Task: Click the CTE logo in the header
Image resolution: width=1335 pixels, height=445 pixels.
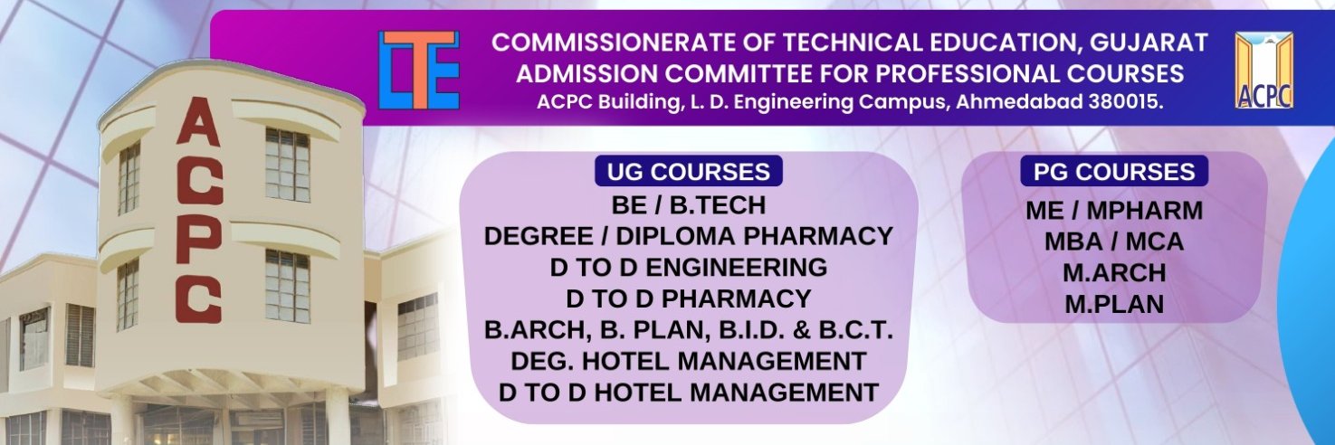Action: coord(419,70)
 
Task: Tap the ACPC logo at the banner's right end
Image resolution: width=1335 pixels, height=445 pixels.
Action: coord(1264,70)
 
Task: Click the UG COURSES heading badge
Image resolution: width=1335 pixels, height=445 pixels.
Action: coord(689,172)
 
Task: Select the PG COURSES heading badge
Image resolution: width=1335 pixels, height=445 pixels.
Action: coord(1114,172)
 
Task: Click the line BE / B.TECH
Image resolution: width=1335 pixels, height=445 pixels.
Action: coord(689,205)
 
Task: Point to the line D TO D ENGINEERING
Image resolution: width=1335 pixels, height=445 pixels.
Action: coord(689,268)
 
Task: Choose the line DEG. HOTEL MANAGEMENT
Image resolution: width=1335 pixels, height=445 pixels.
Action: coord(689,361)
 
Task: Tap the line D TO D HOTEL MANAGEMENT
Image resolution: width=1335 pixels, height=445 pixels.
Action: coord(689,393)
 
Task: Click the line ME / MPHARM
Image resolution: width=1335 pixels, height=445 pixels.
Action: coord(1114,211)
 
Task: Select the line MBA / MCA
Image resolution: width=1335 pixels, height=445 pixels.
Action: coord(1114,241)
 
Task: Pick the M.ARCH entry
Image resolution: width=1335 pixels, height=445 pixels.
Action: coord(1114,273)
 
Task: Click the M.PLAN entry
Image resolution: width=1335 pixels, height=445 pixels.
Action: coord(1114,305)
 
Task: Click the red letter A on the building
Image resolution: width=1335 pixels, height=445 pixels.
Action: coord(199,122)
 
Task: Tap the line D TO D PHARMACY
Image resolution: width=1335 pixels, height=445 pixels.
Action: coord(689,299)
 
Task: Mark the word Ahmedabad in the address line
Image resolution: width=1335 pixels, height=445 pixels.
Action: coord(1019,102)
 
